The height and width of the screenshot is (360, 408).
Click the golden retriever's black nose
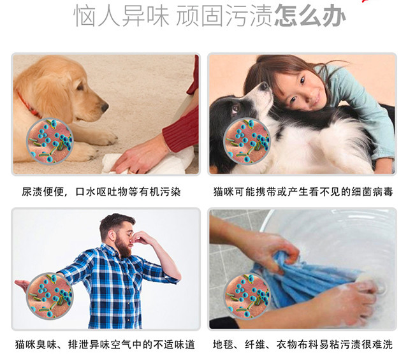105,107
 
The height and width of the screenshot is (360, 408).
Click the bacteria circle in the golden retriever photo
50,141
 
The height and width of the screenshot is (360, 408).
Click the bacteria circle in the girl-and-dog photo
247,141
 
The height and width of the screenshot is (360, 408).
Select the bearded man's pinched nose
132,240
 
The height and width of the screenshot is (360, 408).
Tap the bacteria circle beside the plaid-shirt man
50,296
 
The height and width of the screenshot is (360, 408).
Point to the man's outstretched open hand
22,285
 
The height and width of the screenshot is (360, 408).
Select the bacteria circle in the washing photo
247,296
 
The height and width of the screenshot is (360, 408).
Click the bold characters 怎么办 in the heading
310,16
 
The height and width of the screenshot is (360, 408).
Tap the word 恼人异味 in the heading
121,16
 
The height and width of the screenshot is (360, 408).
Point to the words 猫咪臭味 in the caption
36,344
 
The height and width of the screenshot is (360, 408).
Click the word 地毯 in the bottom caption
223,344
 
